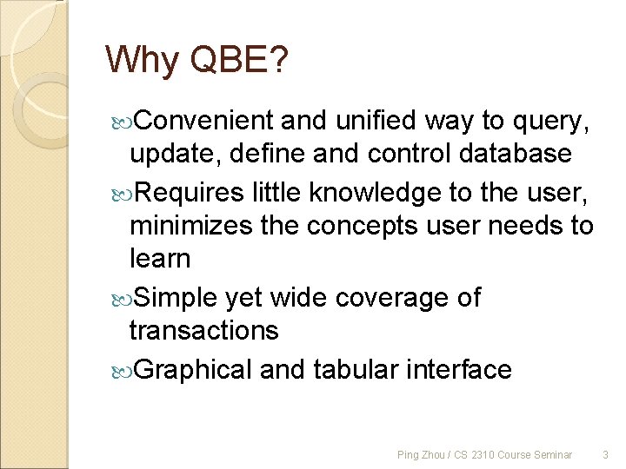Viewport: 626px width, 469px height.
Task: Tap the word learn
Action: pyautogui.click(x=159, y=259)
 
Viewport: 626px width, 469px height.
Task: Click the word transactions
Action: pyautogui.click(x=203, y=331)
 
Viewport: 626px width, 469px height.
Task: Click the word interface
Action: pyautogui.click(x=462, y=369)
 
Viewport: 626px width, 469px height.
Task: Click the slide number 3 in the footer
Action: pyautogui.click(x=606, y=454)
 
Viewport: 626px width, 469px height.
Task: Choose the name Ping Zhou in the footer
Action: pyautogui.click(x=418, y=454)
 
